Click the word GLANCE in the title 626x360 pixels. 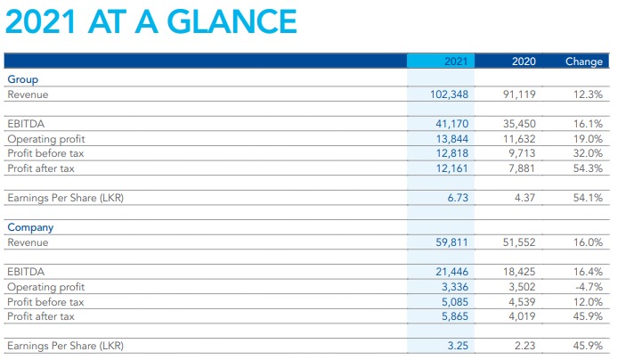pos(232,21)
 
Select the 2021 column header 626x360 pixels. pos(456,61)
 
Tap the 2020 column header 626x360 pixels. pos(524,61)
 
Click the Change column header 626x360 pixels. pos(584,61)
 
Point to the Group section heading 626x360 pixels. pos(23,79)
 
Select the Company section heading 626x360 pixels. pos(30,227)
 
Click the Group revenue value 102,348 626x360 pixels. pos(449,94)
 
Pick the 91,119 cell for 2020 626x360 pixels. pos(519,94)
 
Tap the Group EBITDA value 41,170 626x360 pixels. pos(452,124)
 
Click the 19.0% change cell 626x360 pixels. pos(588,139)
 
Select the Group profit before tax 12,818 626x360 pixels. pos(452,153)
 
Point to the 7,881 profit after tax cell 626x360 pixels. pos(522,168)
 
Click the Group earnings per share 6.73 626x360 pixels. pos(458,198)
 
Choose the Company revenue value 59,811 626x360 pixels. pos(451,242)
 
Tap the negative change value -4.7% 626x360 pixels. pos(589,287)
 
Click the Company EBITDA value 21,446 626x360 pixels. pos(452,272)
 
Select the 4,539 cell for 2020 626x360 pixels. pos(522,302)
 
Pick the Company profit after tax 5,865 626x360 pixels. pos(455,316)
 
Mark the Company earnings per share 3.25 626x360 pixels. pos(458,345)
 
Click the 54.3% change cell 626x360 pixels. pos(588,168)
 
